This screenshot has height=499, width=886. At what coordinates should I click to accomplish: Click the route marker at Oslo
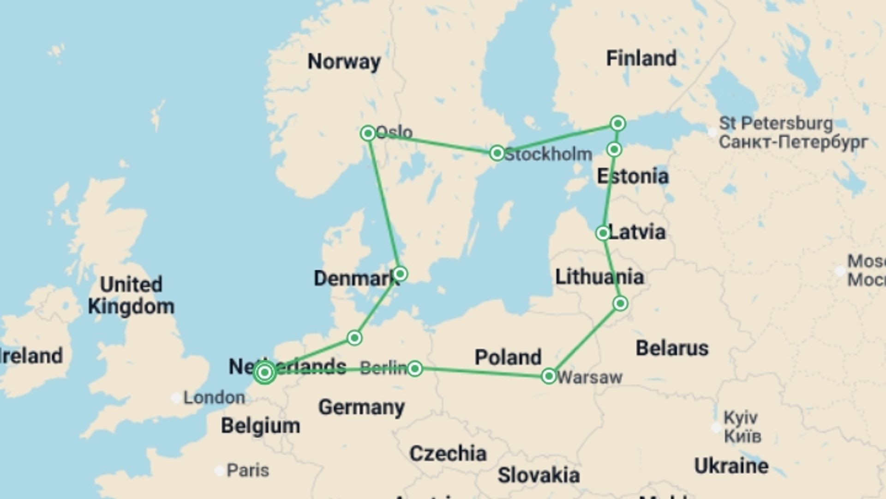coord(368,134)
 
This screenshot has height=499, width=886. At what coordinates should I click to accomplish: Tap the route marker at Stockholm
coord(497,153)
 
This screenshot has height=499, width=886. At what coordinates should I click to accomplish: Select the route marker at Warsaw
coord(549,376)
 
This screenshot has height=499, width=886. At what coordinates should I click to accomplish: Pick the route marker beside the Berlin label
coord(415,368)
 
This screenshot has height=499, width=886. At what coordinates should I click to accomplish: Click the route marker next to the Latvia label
coord(603,233)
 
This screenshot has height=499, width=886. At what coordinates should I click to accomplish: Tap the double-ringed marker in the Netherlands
coord(265,372)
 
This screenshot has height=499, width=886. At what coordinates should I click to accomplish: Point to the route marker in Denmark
coord(400,274)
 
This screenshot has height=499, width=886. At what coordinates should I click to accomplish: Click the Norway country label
coord(344,61)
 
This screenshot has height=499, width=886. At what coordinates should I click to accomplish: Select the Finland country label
coord(641,59)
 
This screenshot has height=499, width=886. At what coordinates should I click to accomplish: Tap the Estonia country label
coord(633,176)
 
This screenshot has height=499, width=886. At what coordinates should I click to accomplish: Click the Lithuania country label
coord(599,277)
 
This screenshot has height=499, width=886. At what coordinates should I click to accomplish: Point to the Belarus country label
coord(672,348)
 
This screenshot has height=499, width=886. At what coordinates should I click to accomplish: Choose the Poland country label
coord(508,358)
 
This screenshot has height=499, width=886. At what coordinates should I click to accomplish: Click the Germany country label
coord(361,408)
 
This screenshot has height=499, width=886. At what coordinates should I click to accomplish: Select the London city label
coord(214,398)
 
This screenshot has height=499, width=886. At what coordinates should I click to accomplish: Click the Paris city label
coord(248,470)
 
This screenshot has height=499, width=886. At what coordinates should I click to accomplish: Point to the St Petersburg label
coord(776,124)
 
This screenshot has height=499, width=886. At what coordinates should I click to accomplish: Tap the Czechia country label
coord(448,454)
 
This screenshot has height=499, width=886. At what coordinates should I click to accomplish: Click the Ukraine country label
coord(731,466)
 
